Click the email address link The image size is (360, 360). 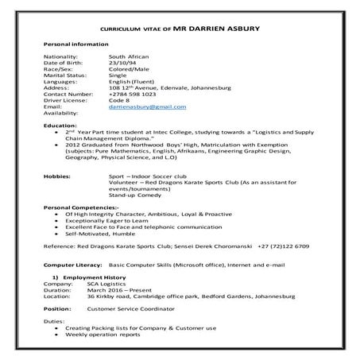point(147,106)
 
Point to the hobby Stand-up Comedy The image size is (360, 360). point(133,193)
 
